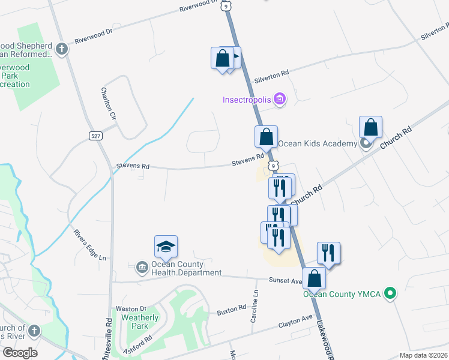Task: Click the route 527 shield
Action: tap(95, 136)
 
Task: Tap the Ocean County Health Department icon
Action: tap(142, 266)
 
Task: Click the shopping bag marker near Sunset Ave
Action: tap(314, 279)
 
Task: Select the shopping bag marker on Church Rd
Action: tap(371, 128)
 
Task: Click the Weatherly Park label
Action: tap(140, 322)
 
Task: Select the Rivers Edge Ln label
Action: tap(89, 245)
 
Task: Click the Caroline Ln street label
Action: tap(255, 305)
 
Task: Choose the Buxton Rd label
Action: tap(232, 308)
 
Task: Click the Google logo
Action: tap(19, 353)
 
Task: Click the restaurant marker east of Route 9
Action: tap(328, 253)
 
